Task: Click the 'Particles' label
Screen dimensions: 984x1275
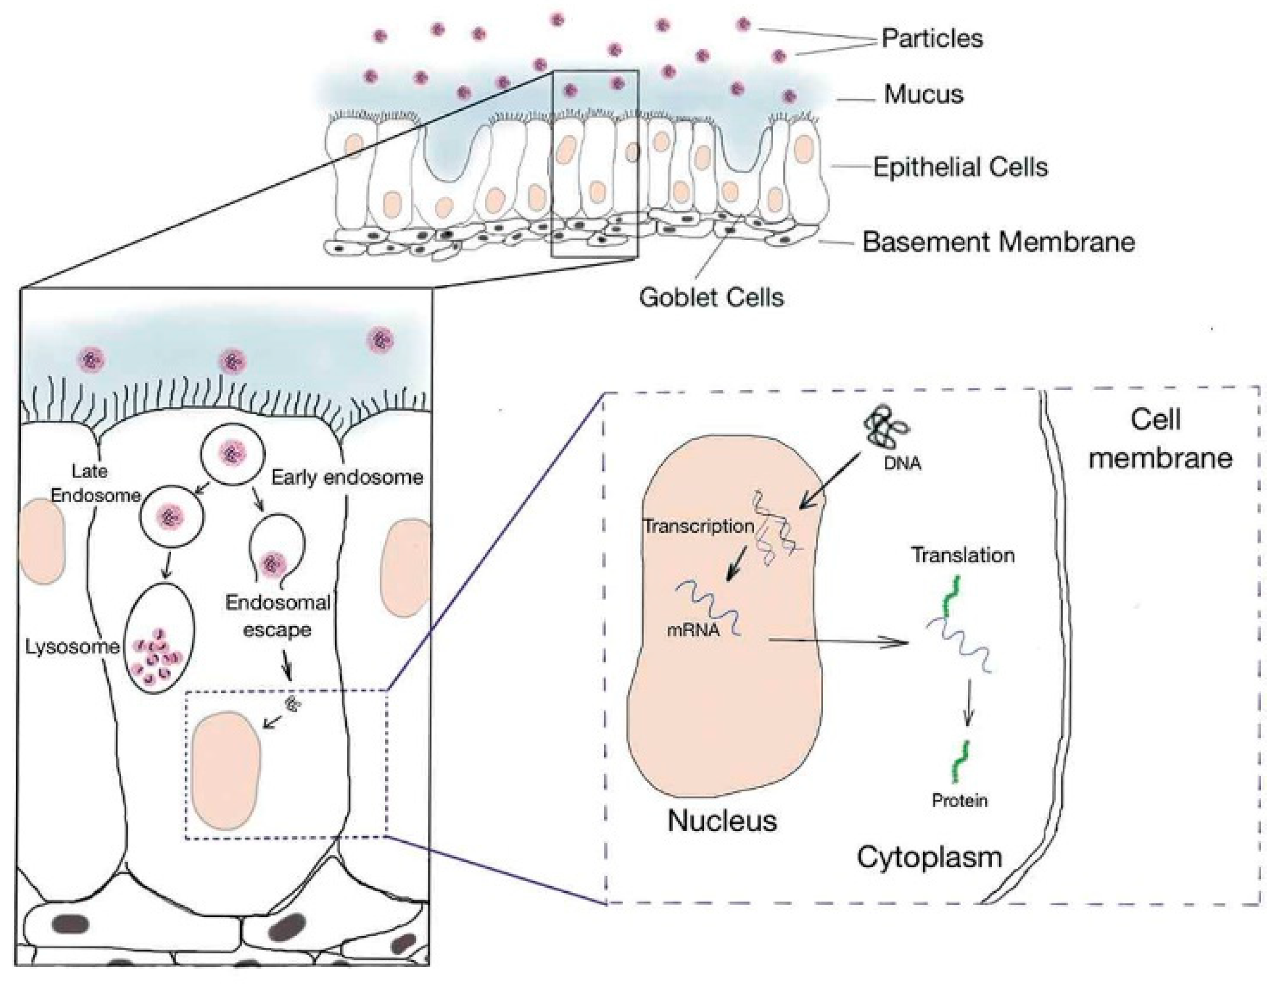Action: coord(932,39)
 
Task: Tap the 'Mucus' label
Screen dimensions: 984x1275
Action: coord(923,95)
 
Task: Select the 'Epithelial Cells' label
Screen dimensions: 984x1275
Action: coord(960,167)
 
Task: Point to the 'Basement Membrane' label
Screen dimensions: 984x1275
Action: coord(998,242)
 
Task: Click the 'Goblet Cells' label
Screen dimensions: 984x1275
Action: coord(711,298)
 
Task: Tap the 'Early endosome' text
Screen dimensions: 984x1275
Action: coord(347,478)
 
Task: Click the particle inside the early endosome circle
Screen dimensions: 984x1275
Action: coord(232,453)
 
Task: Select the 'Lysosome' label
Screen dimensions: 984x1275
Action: coord(72,647)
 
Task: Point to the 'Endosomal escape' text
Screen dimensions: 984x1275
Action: coord(278,616)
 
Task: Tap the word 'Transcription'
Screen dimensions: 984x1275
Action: coord(698,526)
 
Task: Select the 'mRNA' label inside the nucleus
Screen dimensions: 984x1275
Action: coord(692,630)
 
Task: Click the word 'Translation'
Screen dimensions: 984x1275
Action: coord(963,555)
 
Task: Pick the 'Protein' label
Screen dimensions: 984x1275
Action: coord(959,800)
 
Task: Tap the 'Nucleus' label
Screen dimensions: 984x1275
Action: coord(722,821)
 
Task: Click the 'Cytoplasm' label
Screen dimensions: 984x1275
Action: coord(929,857)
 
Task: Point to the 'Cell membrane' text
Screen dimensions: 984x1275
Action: coord(1160,439)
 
